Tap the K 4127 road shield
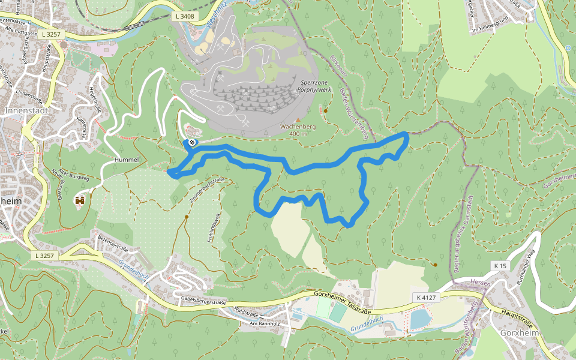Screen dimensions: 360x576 pyautogui.click(x=425, y=296)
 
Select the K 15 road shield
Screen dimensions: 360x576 pyautogui.click(x=500, y=266)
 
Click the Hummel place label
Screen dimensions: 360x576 pyautogui.click(x=126, y=160)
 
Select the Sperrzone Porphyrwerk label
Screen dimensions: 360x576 pyautogui.click(x=314, y=85)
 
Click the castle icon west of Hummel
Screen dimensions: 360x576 pyautogui.click(x=80, y=200)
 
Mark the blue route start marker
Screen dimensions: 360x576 pyautogui.click(x=191, y=142)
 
